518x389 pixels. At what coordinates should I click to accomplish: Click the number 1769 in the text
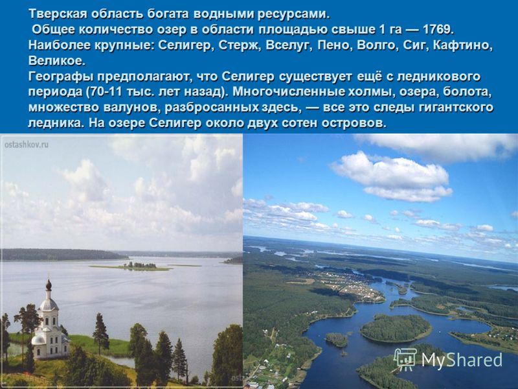point(438,30)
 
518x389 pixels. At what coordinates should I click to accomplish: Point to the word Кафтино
point(462,45)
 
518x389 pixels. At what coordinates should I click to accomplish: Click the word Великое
point(57,61)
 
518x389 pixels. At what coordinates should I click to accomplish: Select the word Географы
point(61,77)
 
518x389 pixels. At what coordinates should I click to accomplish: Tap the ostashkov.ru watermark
point(27,145)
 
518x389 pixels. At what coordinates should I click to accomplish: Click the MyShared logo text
point(462,360)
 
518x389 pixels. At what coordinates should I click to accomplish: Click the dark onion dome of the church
point(49,285)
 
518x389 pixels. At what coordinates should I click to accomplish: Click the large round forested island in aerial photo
point(396,328)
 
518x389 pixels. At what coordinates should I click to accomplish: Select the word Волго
point(376,45)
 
